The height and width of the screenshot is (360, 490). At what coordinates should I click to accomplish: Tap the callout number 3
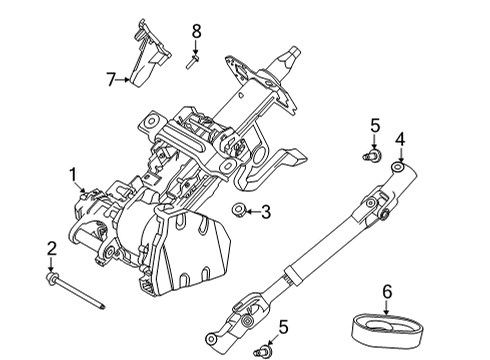[266, 211]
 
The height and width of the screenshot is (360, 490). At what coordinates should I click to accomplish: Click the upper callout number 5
[375, 125]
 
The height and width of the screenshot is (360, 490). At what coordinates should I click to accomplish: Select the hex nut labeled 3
[240, 210]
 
